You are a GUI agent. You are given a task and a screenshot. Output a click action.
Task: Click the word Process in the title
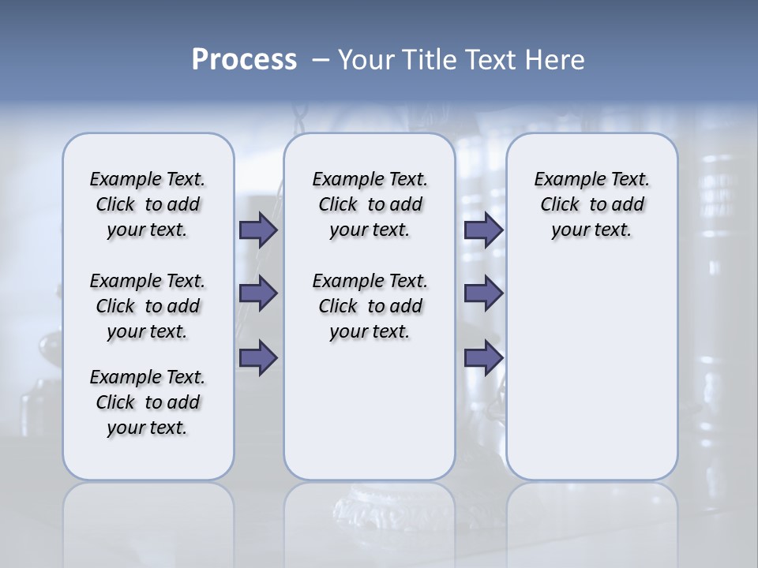tap(244, 60)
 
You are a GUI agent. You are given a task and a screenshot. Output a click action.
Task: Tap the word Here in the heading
tap(552, 60)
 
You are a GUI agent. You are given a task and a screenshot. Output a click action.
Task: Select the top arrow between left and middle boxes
tap(258, 230)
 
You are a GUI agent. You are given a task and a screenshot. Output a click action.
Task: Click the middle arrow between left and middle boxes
tap(258, 293)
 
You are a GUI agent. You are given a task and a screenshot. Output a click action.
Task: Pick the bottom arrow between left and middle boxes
tap(258, 357)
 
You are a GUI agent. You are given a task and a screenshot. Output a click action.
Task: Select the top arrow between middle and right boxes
tap(483, 230)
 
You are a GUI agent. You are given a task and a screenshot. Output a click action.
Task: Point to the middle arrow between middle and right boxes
tap(483, 293)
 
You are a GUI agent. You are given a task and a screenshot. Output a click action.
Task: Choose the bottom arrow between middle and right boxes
tap(483, 357)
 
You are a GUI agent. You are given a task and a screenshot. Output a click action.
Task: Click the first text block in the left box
tap(148, 204)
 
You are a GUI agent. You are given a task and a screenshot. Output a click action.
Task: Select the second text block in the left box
tap(148, 306)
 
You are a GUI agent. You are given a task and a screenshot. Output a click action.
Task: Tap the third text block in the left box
tap(148, 402)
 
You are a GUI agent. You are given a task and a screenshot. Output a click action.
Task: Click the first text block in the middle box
tap(370, 204)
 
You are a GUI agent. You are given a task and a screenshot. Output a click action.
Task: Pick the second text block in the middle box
tap(370, 306)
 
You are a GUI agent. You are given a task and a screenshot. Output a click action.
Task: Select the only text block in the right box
tap(591, 204)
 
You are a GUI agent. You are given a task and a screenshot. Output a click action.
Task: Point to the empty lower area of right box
tap(591, 371)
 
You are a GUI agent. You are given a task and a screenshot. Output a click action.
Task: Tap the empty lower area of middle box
tap(370, 410)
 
